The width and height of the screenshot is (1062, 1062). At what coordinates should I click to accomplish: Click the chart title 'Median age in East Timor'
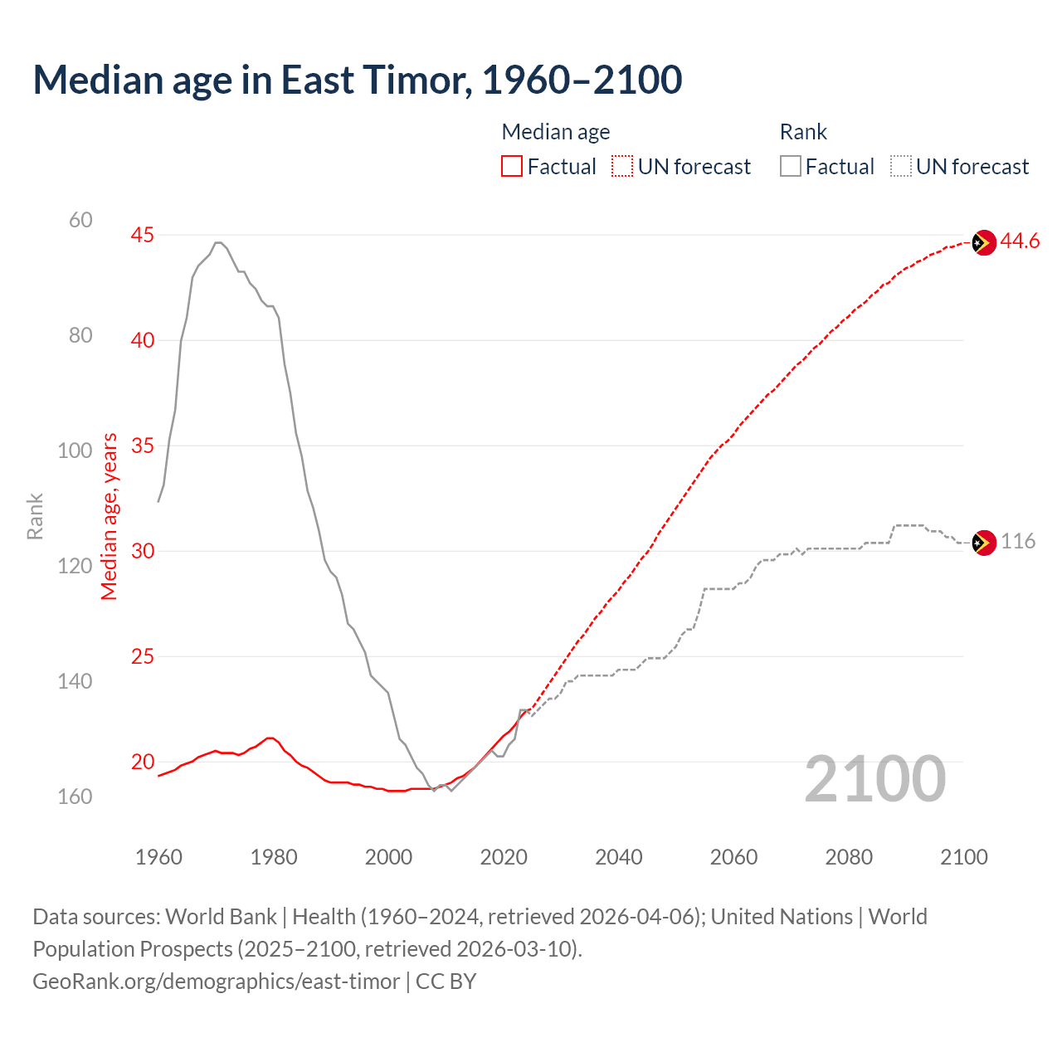tap(357, 80)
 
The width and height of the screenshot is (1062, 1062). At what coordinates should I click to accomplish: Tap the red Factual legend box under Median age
tap(512, 167)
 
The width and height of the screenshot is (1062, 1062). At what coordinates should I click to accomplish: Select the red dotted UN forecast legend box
tap(622, 167)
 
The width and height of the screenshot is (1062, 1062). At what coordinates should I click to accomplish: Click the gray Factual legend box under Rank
tap(790, 167)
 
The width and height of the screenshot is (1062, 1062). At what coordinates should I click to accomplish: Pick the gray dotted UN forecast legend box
tap(901, 167)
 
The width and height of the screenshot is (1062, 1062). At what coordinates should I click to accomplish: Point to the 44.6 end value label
tap(1020, 241)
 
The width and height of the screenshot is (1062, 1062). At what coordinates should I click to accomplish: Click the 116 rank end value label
tap(1018, 542)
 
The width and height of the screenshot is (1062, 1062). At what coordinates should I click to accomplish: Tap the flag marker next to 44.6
tap(983, 243)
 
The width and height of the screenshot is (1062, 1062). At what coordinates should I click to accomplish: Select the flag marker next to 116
tap(983, 543)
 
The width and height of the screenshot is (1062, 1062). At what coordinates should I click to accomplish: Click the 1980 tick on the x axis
tap(274, 857)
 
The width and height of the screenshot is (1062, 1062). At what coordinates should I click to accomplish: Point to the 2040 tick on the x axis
tap(619, 857)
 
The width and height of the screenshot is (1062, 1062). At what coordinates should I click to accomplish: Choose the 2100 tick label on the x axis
tap(964, 857)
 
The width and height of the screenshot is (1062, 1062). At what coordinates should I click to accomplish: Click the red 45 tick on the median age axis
tap(143, 236)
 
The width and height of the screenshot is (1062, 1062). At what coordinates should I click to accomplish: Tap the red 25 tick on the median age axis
tap(143, 656)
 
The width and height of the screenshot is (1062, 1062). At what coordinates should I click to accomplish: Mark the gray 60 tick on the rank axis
tap(80, 220)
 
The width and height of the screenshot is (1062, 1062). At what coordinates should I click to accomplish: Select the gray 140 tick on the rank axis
tap(75, 681)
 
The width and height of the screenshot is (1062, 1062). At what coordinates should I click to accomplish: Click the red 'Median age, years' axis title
tap(110, 516)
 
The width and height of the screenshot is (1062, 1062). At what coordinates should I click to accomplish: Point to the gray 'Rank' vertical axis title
tap(35, 516)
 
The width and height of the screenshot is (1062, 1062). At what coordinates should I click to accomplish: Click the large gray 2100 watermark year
tap(874, 779)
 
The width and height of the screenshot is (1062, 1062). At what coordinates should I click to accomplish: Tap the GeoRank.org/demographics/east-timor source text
tap(217, 982)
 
